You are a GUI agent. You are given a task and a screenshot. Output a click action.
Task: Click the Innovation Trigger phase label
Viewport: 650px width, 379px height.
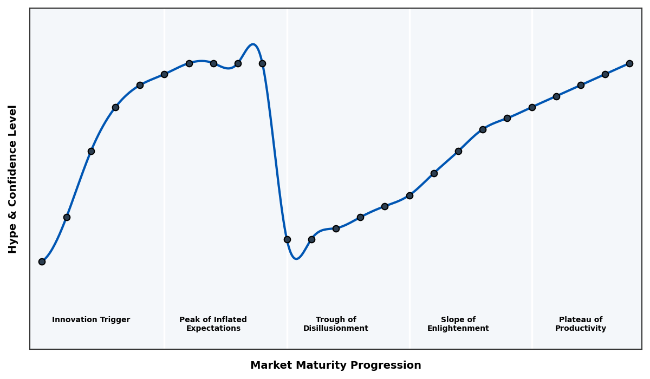91,320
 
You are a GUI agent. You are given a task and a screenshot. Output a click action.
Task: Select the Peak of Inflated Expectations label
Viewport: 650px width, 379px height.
213,324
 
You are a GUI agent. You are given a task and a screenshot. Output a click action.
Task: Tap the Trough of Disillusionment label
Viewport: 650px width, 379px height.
336,324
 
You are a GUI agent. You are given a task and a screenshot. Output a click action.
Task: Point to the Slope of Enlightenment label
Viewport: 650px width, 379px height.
458,324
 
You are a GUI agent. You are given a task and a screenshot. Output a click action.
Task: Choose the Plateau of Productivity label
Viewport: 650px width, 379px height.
581,324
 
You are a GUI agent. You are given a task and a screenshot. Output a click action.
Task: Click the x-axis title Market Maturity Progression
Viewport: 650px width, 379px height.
335,365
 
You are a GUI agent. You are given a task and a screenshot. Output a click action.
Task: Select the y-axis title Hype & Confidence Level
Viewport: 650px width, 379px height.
13,179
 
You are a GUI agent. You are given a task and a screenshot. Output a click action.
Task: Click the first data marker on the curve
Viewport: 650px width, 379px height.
42,262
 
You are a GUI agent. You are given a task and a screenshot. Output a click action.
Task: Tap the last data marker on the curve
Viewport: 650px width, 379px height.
629,63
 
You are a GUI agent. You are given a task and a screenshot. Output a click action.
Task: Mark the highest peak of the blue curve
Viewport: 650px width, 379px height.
252,44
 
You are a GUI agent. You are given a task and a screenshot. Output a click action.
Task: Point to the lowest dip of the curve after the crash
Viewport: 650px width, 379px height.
296,259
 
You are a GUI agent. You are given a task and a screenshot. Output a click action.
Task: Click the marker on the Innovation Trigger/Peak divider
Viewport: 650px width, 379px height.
164,74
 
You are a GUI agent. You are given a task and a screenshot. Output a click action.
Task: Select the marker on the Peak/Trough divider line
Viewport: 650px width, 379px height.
287,239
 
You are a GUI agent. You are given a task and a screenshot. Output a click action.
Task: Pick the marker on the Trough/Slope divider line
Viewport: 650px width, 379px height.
409,195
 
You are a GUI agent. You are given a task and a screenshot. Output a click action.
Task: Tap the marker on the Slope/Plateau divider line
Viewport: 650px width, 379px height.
532,107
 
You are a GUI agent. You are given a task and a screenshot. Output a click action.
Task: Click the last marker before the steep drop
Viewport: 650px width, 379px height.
262,63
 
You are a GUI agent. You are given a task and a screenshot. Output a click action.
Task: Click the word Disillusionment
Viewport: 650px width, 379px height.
336,329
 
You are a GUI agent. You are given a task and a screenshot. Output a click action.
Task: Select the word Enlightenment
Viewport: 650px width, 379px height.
458,329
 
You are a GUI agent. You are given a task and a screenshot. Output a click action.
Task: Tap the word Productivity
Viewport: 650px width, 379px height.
581,329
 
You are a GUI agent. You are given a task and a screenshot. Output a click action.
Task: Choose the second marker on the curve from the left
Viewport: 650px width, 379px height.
67,217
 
